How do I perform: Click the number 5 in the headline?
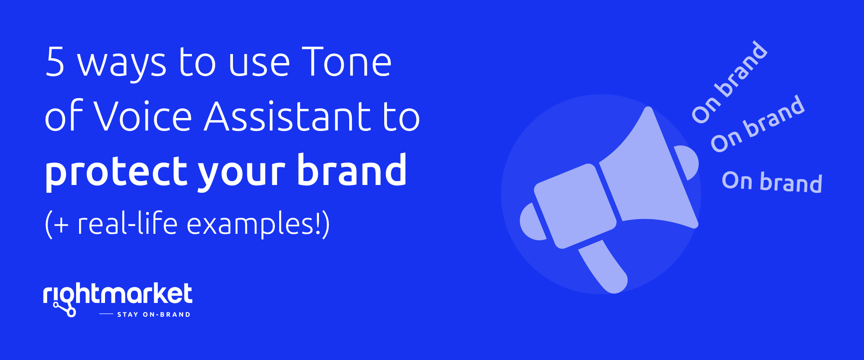(55, 62)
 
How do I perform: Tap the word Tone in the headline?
(347, 62)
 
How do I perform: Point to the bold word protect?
(116, 172)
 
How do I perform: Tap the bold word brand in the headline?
(352, 169)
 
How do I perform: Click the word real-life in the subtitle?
(128, 223)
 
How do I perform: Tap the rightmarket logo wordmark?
(118, 294)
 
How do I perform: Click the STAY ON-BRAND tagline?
(154, 315)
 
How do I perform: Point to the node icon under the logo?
(65, 309)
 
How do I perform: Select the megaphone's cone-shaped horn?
(648, 173)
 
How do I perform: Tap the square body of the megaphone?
(575, 206)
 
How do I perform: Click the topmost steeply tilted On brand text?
(730, 82)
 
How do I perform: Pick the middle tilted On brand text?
(758, 124)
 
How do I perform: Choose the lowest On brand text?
(772, 182)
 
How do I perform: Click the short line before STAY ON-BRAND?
(106, 314)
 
